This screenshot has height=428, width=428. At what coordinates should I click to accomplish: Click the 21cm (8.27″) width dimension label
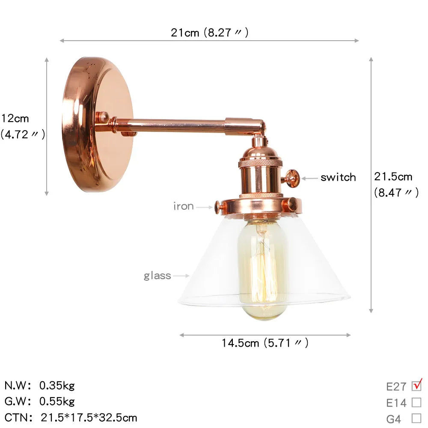(209, 33)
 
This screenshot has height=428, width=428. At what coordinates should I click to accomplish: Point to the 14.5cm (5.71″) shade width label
(265, 343)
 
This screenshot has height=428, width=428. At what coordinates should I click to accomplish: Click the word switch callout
(338, 178)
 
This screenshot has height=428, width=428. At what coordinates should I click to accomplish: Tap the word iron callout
(184, 206)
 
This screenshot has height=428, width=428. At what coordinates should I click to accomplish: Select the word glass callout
(157, 276)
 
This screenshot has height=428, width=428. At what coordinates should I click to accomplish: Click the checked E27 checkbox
(416, 386)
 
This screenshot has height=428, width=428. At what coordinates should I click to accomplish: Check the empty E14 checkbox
(416, 402)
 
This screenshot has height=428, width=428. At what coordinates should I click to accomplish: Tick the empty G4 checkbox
(416, 418)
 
